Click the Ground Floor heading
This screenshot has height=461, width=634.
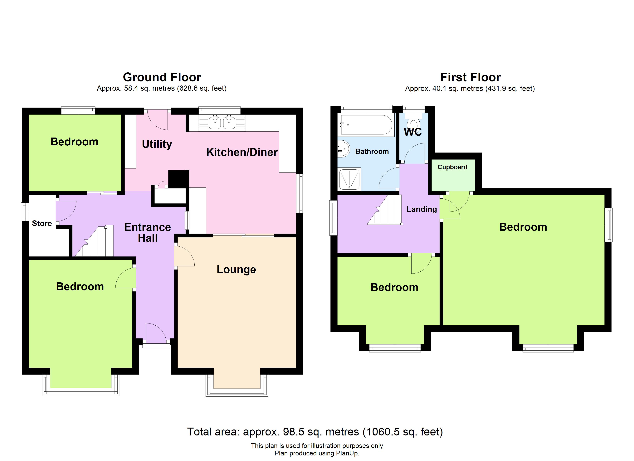click(162, 77)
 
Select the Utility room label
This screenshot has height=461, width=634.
click(157, 144)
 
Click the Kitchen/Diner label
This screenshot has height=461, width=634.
click(242, 152)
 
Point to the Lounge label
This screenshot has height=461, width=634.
click(236, 269)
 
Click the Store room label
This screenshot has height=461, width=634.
click(42, 223)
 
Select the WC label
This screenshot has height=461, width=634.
click(413, 132)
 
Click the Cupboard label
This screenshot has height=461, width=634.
click(452, 167)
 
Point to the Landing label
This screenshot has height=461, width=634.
click(422, 209)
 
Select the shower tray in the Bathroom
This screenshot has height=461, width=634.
click(349, 179)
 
